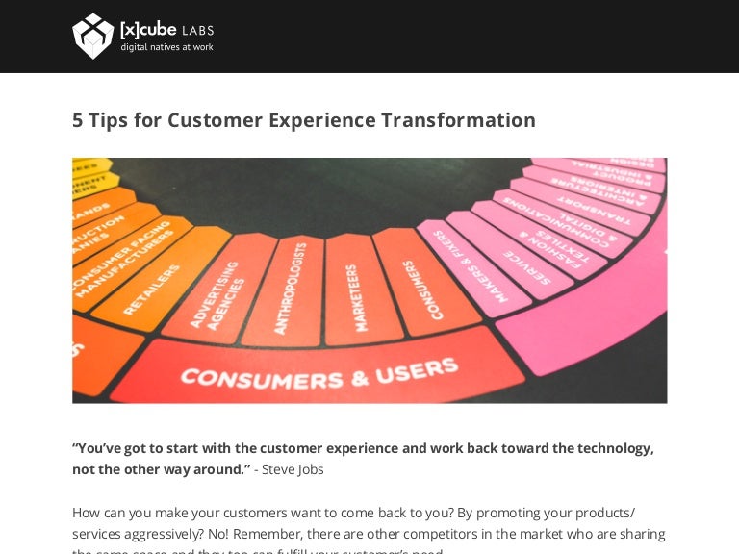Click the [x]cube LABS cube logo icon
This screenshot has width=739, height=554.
(93, 37)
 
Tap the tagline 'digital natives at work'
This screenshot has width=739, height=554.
(166, 47)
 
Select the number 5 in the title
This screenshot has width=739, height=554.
(78, 120)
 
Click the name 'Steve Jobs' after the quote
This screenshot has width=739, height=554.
(293, 469)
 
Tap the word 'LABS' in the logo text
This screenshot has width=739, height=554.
(197, 30)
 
